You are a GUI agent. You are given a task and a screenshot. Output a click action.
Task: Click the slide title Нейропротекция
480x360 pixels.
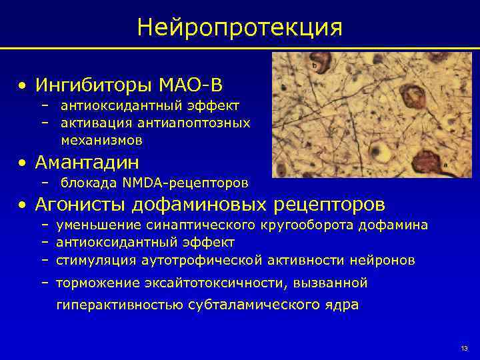coord(239,27)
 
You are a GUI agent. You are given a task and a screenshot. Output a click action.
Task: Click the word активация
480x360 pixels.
coord(97,123)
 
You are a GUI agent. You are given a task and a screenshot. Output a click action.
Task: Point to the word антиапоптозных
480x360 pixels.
coord(194,123)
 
